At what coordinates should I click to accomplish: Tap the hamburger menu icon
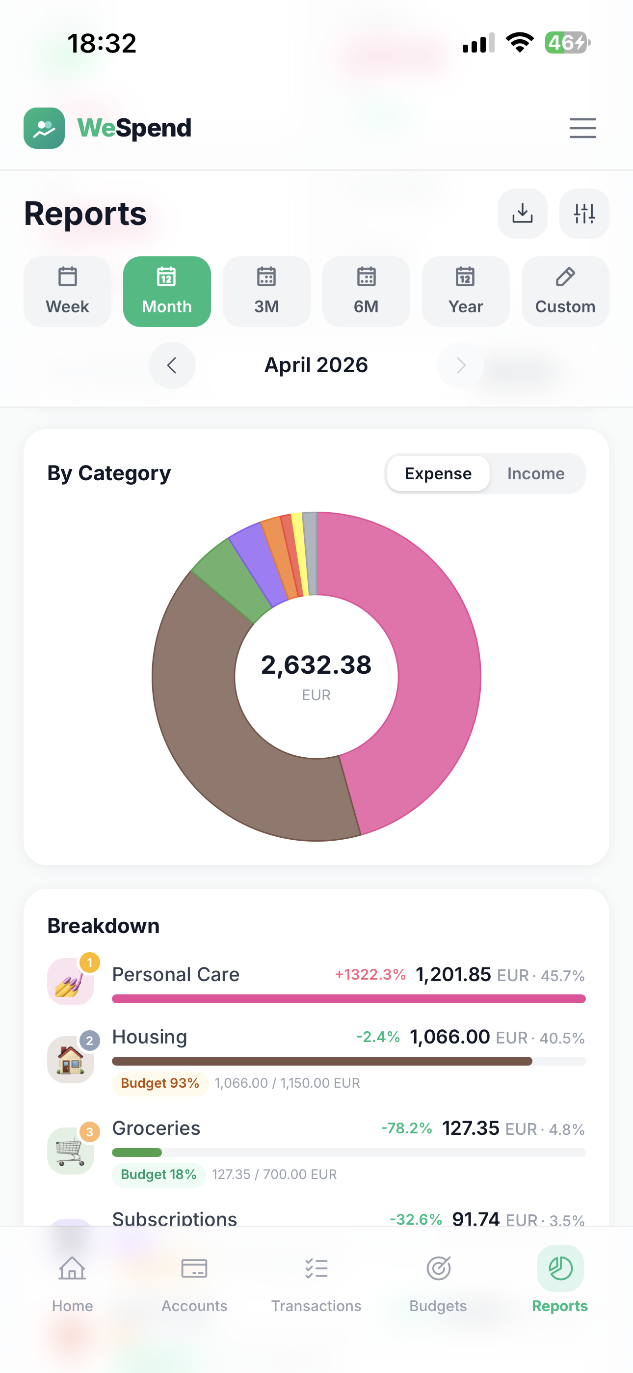(582, 128)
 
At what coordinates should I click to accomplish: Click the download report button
(522, 213)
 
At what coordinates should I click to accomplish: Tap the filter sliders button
(584, 213)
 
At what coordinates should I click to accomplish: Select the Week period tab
(67, 292)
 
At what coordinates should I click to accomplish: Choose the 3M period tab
(266, 292)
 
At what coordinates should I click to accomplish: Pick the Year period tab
(465, 292)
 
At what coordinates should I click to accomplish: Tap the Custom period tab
(565, 292)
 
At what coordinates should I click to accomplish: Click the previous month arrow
(172, 365)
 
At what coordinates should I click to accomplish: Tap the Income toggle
(535, 473)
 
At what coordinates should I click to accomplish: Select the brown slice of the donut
(224, 736)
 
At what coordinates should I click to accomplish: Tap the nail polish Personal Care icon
(70, 981)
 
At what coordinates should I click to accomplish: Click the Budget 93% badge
(159, 1083)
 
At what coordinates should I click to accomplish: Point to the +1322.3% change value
(370, 974)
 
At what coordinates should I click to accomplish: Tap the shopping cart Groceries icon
(70, 1150)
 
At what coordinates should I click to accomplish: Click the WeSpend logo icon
(44, 128)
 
